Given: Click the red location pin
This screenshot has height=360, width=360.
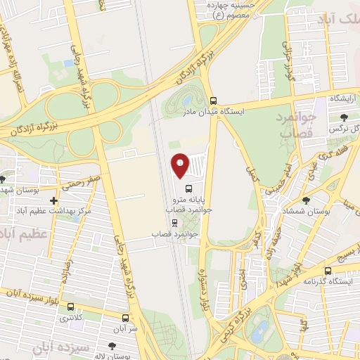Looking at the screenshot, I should (181, 165).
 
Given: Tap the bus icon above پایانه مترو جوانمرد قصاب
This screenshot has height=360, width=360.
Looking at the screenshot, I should (188, 188).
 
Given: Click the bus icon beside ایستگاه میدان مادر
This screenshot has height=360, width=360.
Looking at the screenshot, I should (214, 101).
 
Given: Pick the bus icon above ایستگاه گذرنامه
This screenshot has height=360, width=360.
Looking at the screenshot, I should (328, 271).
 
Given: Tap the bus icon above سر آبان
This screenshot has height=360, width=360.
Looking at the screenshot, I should (125, 317).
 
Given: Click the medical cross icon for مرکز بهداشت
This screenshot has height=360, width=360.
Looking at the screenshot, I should (54, 201).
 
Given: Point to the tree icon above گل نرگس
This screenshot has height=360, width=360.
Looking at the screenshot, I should (343, 117).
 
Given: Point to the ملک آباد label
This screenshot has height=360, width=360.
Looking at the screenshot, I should (337, 22).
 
